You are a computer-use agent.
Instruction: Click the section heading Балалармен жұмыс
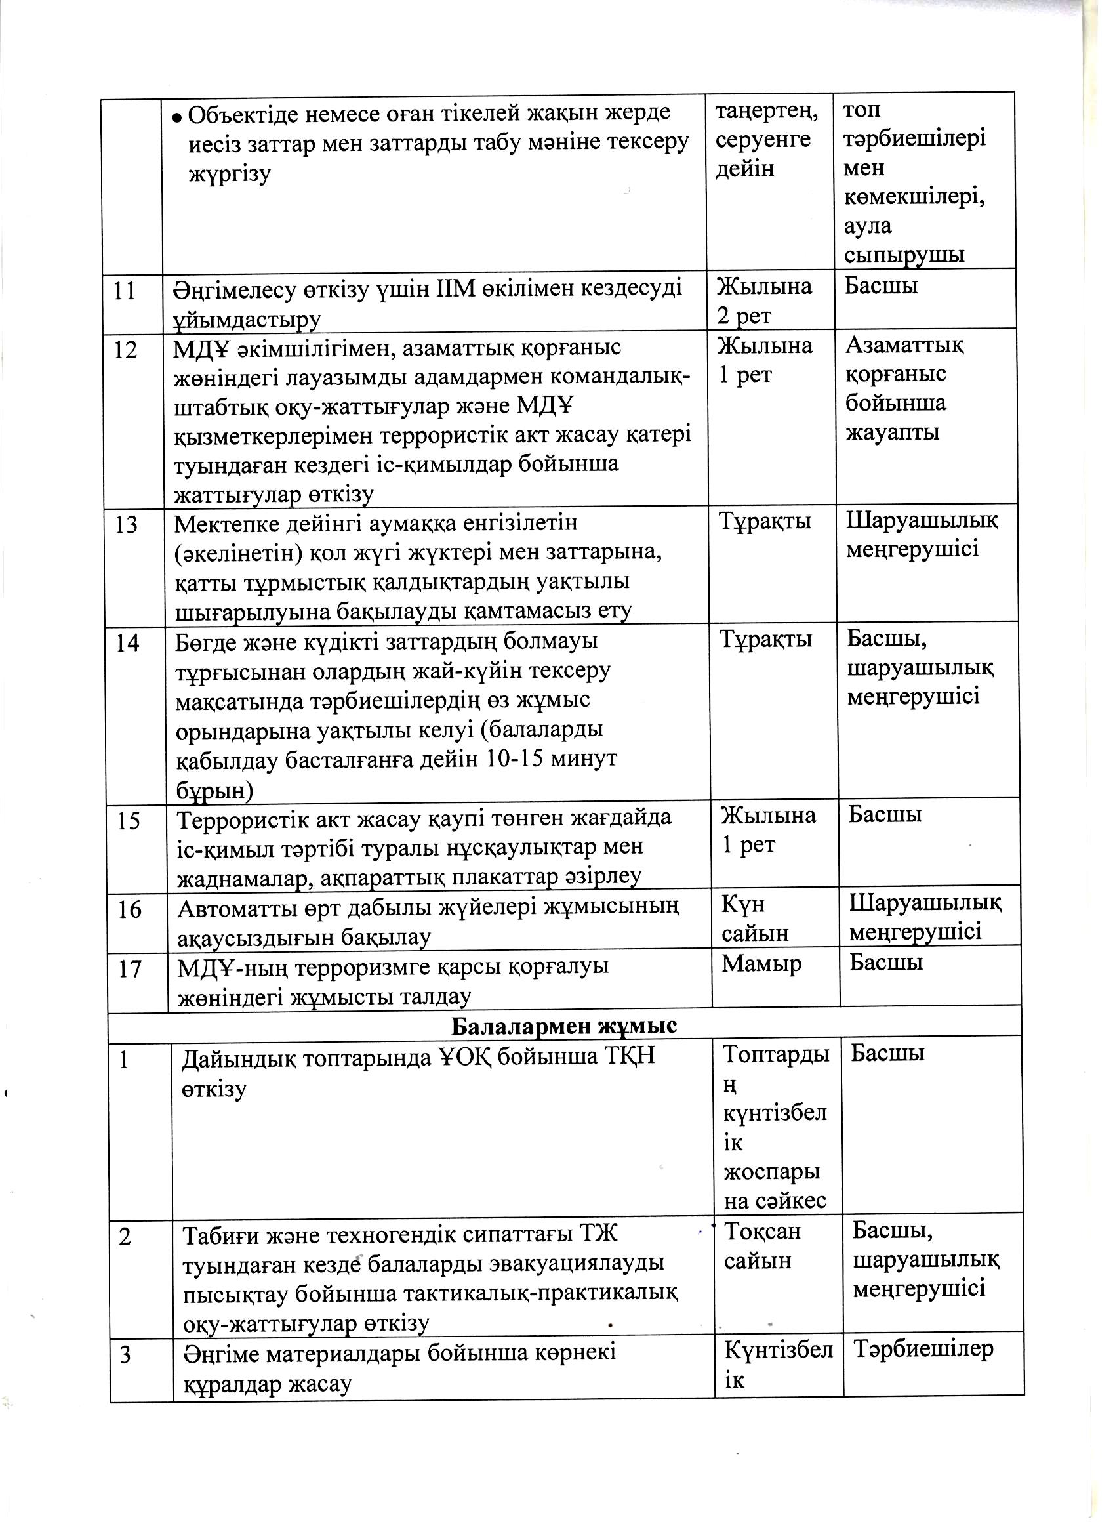(564, 1026)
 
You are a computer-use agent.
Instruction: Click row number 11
(126, 291)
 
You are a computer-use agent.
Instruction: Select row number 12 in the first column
(127, 350)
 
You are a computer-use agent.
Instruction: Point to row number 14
(127, 642)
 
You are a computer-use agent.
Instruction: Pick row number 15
(128, 820)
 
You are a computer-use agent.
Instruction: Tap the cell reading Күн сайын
(755, 919)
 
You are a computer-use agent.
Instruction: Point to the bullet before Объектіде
(176, 117)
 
